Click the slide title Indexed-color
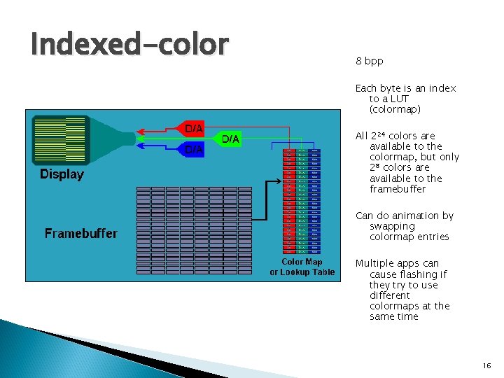[x=129, y=44]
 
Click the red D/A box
[x=194, y=129]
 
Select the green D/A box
[x=231, y=139]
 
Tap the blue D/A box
[x=194, y=149]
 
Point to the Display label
[x=62, y=174]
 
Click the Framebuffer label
[x=81, y=233]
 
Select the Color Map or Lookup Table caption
[x=302, y=267]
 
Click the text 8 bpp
[x=369, y=62]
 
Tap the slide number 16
[x=486, y=366]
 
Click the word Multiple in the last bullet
[x=377, y=264]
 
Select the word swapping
[x=392, y=226]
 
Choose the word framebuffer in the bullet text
[x=398, y=189]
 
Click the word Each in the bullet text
[x=366, y=88]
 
